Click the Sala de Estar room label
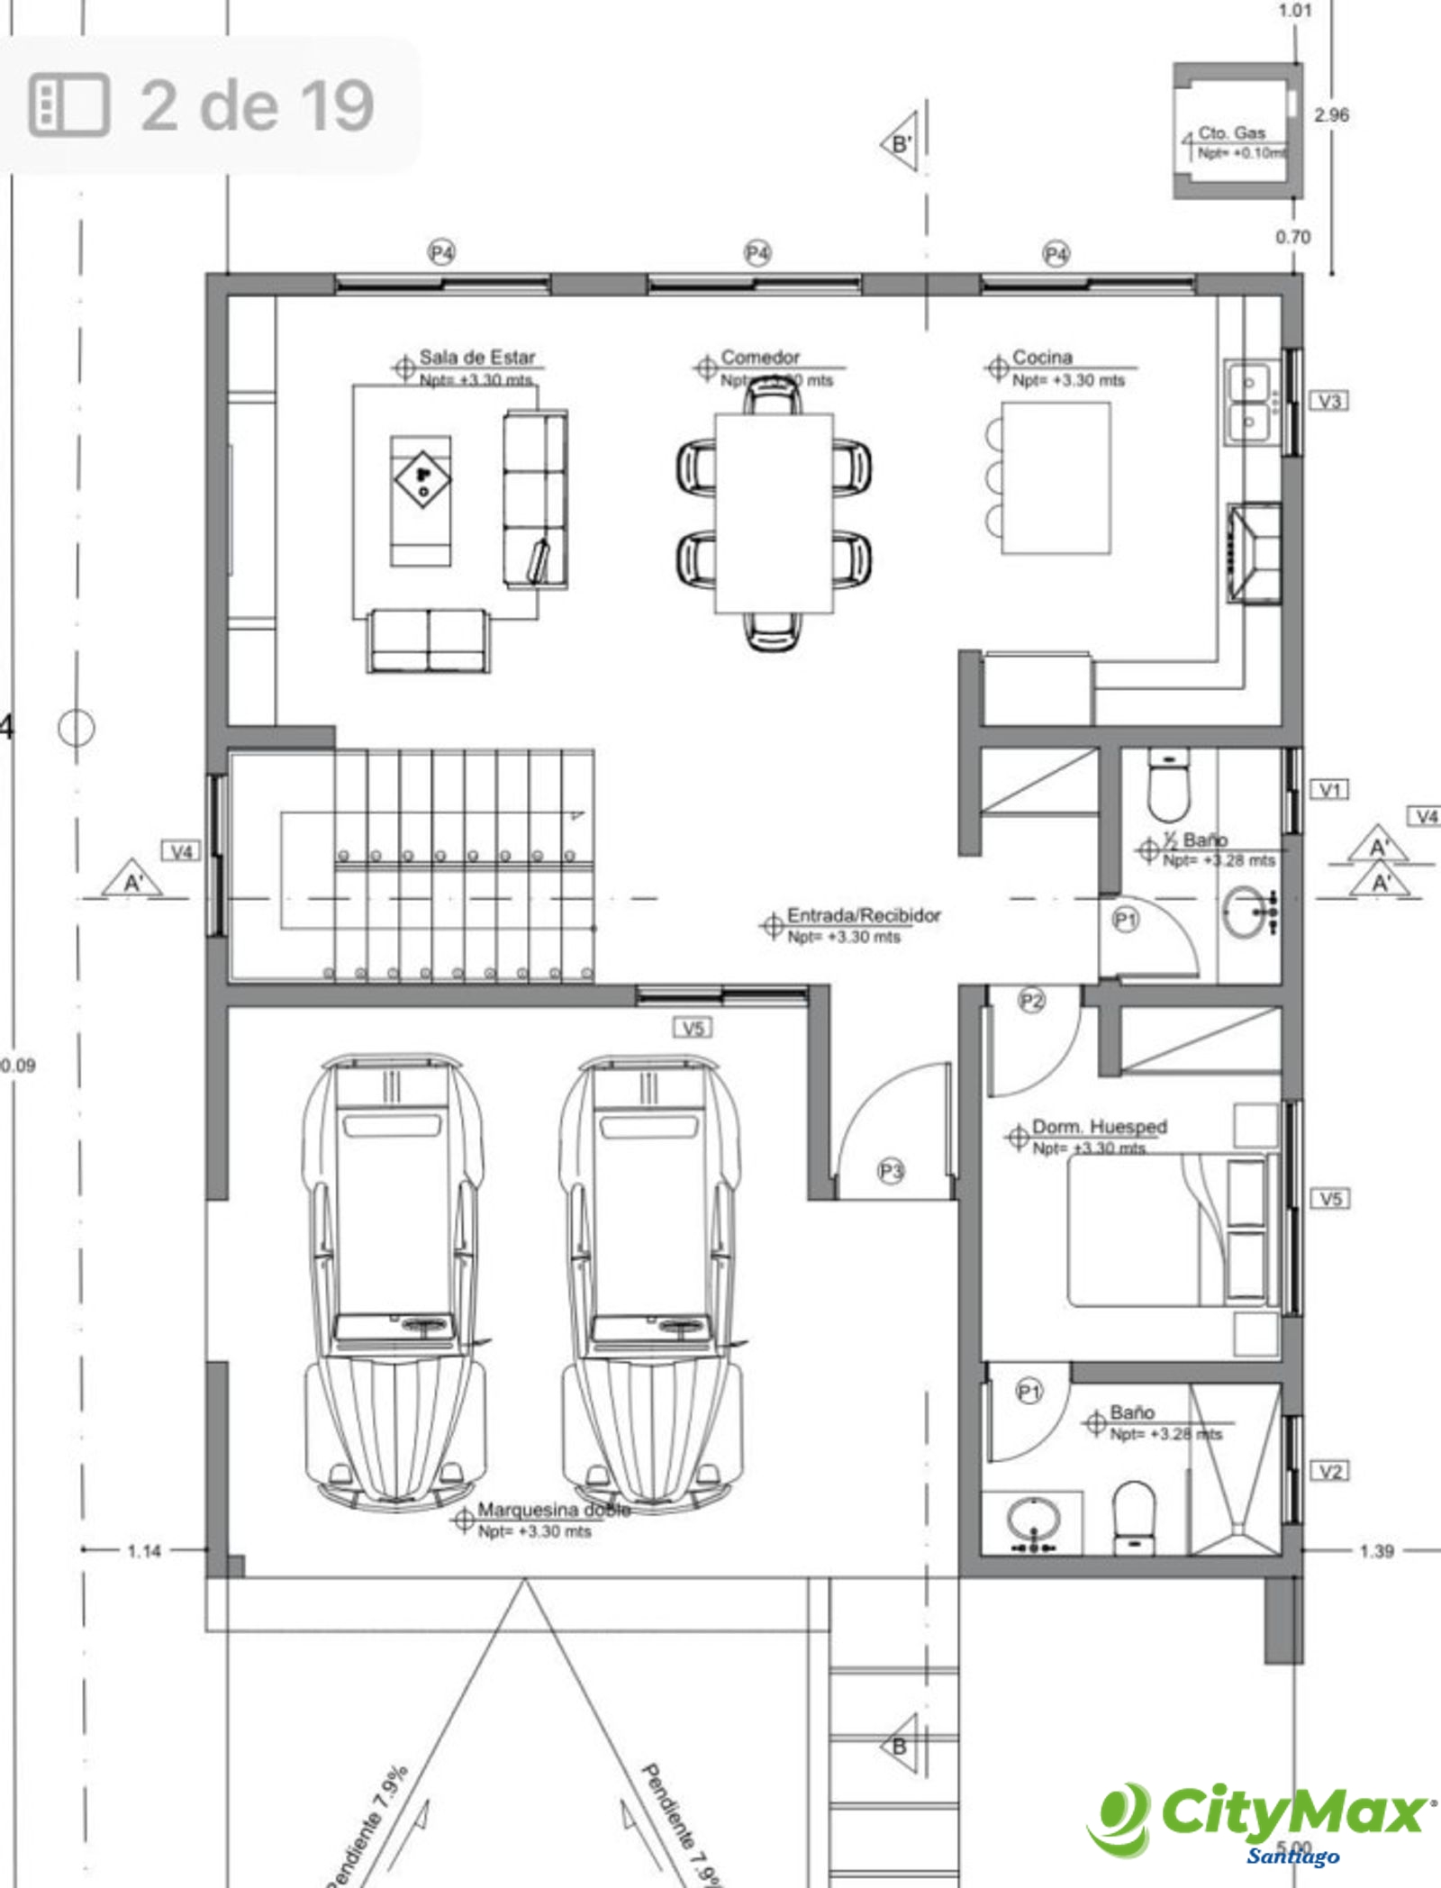(476, 358)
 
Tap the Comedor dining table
(774, 513)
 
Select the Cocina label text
(1042, 358)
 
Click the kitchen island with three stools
(1055, 477)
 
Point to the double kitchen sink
(1249, 402)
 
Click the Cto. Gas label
(1231, 133)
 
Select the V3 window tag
(1329, 401)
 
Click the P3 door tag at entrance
(891, 1171)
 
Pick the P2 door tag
(1031, 1001)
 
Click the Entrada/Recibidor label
(863, 916)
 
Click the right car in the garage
(650, 1279)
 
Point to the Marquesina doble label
(553, 1510)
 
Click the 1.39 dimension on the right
(1375, 1551)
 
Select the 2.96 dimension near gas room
(1331, 115)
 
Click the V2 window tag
(1329, 1471)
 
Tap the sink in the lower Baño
(1032, 1520)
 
